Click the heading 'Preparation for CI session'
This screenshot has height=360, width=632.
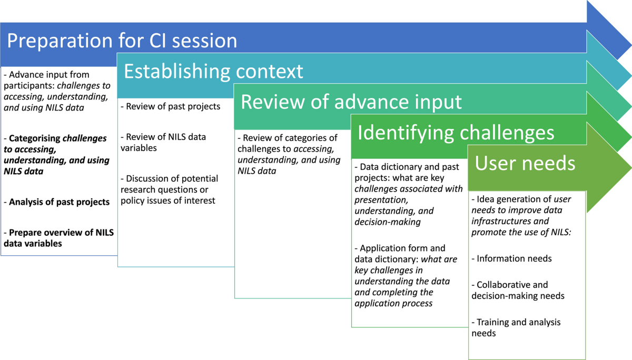[122, 41]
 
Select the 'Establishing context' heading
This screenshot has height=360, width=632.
[214, 71]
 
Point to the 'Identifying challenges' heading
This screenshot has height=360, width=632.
[456, 133]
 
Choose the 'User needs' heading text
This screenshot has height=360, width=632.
[525, 163]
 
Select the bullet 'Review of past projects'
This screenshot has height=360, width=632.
[170, 106]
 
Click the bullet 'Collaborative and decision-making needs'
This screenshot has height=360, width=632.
[518, 290]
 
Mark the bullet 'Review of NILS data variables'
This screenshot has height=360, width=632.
[163, 142]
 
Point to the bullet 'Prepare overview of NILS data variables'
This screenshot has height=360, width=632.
[59, 238]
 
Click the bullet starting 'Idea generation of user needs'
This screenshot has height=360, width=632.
[521, 216]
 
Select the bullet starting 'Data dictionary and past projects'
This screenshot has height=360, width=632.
[409, 194]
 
